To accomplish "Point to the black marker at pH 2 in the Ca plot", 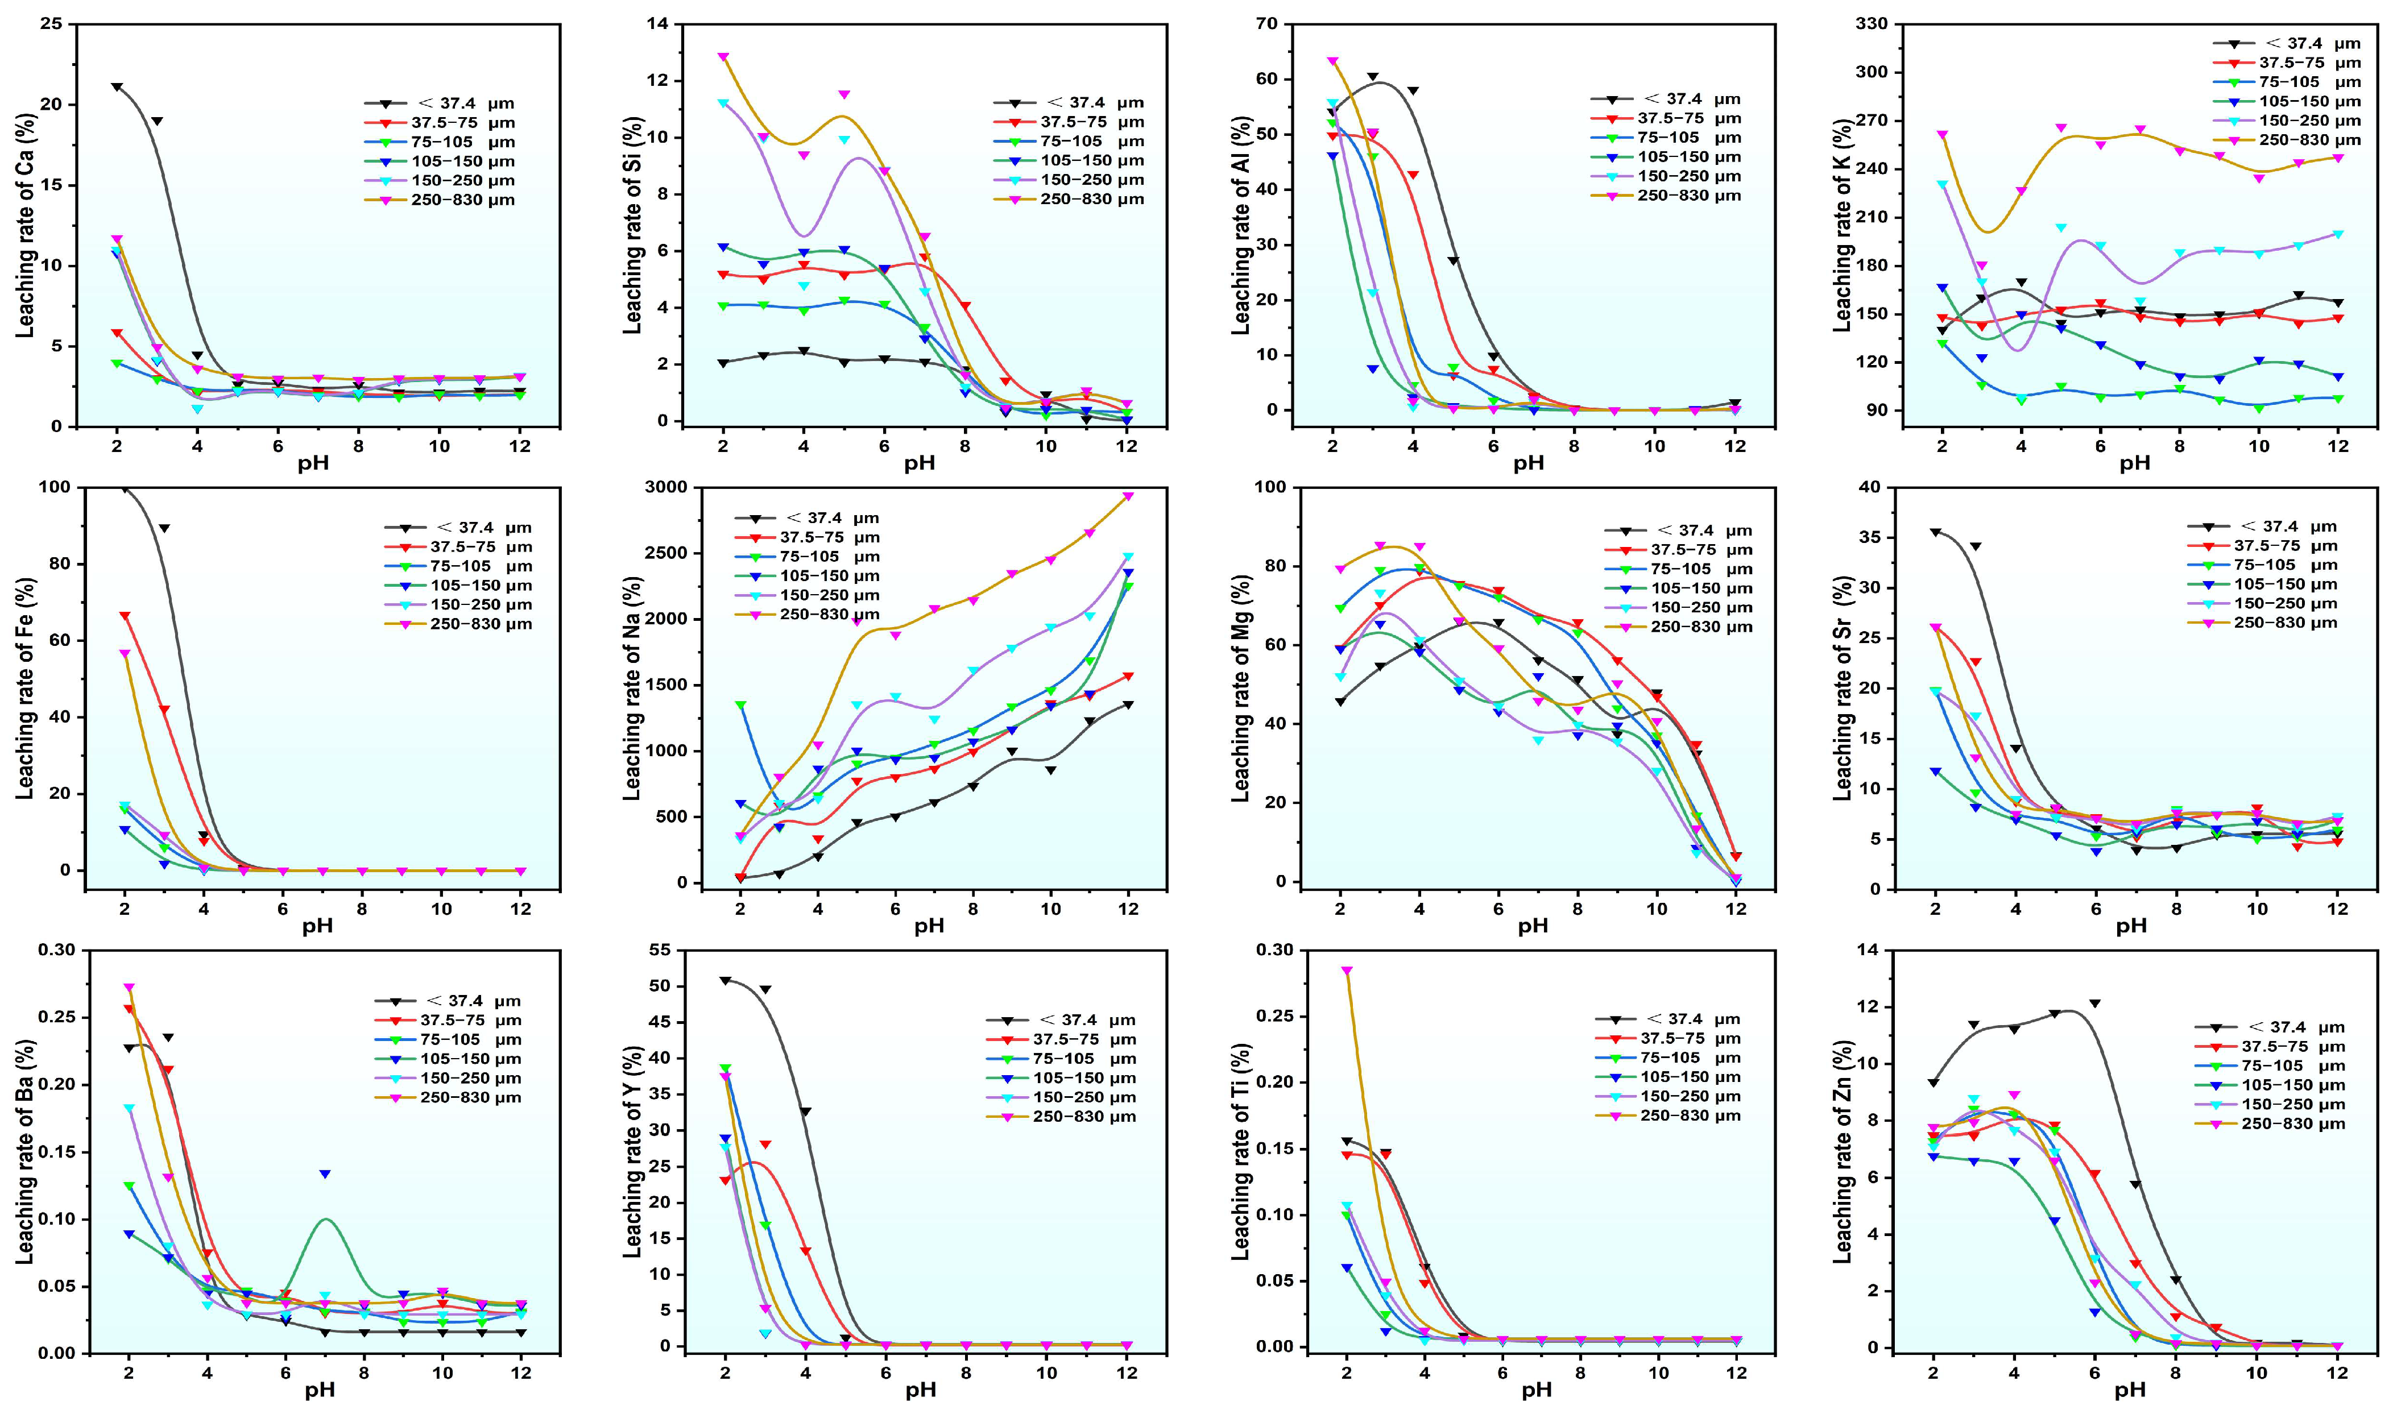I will coord(116,87).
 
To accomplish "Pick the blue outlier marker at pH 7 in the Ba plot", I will coord(325,1174).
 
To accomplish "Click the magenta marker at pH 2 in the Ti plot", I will coord(1347,971).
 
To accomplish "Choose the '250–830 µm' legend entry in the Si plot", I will coord(1091,199).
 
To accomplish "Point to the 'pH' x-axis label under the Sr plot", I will coord(2132,925).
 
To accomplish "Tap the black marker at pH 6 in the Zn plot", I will coord(2094,1004).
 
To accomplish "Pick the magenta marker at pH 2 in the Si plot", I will coord(723,57).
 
